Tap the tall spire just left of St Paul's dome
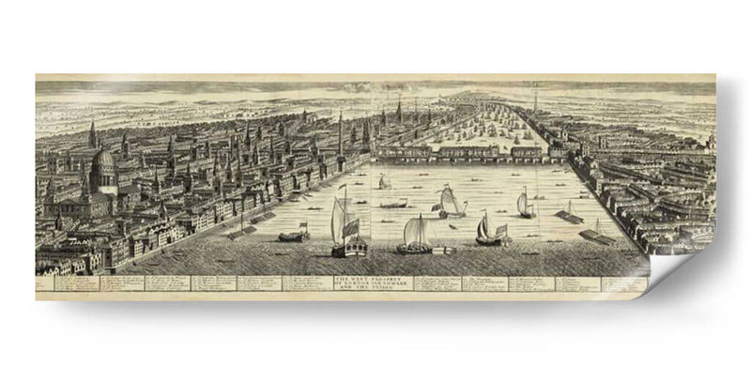[91, 136]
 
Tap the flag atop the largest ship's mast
[342, 190]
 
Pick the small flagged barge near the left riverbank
[292, 234]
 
